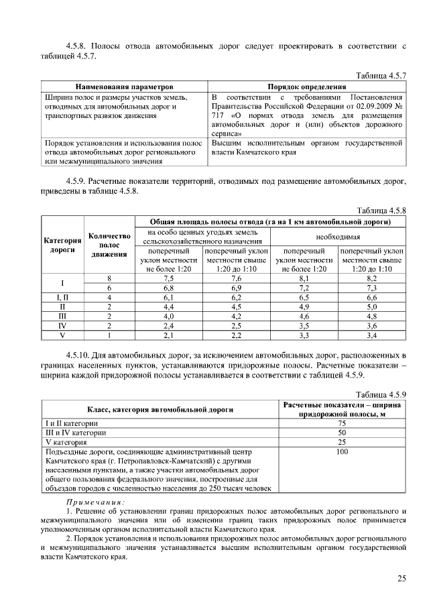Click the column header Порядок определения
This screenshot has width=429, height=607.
306,87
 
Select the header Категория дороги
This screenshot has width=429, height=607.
62,245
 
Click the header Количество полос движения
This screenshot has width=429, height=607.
109,245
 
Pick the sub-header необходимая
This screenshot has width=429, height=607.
339,237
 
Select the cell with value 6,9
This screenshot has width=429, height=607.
236,287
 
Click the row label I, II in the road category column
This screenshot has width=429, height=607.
62,296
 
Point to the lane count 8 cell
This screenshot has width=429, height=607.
109,278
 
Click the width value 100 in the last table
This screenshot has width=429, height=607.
342,452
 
